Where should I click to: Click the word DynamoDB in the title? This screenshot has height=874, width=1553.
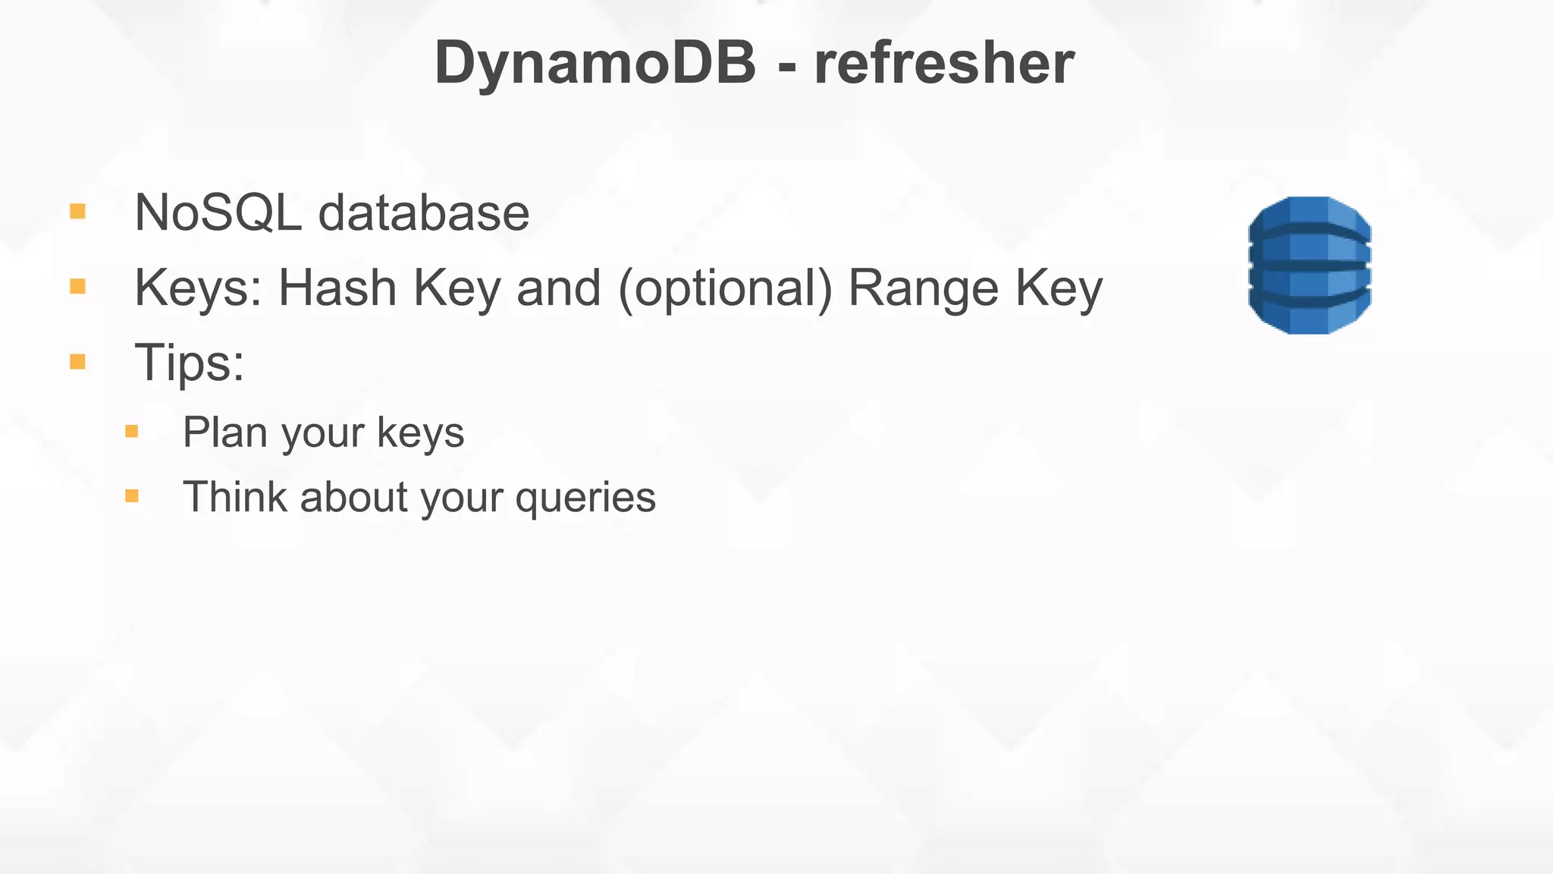click(595, 64)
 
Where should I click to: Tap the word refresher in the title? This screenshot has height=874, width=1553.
click(944, 64)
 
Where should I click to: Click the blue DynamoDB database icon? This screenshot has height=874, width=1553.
click(1310, 265)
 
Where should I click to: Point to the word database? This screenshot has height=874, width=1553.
click(423, 213)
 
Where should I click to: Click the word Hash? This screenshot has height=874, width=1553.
click(337, 288)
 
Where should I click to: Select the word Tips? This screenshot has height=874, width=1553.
click(190, 363)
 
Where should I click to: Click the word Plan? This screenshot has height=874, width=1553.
click(225, 432)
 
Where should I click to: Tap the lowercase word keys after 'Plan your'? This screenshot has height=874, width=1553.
click(421, 434)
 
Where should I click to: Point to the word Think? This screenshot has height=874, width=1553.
click(234, 498)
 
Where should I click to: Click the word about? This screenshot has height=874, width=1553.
click(354, 498)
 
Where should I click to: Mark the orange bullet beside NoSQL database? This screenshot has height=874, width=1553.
click(77, 211)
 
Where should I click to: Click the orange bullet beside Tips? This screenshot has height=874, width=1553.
click(77, 361)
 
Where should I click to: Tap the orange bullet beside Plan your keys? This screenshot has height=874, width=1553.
click(132, 432)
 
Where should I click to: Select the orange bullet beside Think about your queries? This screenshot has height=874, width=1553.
click(132, 496)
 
